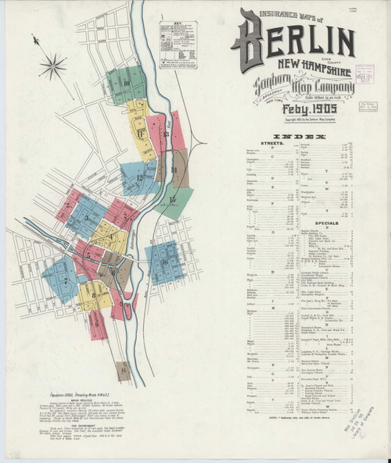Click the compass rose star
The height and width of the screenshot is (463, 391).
coord(54,64)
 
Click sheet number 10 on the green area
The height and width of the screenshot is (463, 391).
coord(125,82)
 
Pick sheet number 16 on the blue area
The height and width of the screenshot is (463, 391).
coord(165,262)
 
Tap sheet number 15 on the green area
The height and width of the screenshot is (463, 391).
coord(172,200)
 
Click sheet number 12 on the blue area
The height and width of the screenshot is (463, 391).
coord(139,178)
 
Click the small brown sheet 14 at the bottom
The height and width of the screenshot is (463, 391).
coord(123,370)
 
